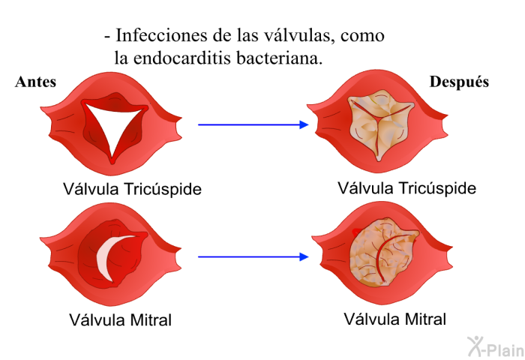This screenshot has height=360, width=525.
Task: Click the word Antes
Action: point(35,82)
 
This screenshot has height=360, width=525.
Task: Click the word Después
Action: point(459,82)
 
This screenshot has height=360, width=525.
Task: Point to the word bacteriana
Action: point(279,58)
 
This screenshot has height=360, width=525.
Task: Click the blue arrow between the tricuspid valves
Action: point(253,125)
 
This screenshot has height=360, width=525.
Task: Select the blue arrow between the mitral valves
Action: point(253,256)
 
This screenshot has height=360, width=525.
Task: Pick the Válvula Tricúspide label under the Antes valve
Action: point(132,189)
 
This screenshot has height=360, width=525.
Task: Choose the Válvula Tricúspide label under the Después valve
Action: point(406,187)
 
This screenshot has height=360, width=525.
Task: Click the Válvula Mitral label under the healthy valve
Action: point(120,319)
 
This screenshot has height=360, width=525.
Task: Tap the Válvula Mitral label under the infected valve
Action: point(394,319)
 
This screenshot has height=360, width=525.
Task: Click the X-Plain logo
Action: point(496,346)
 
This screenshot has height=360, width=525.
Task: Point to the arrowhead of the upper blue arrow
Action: point(304,125)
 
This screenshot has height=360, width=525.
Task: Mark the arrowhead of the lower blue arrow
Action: point(304,256)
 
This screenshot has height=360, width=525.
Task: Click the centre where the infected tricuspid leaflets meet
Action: point(378,118)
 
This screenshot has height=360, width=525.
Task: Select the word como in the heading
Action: point(362,36)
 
